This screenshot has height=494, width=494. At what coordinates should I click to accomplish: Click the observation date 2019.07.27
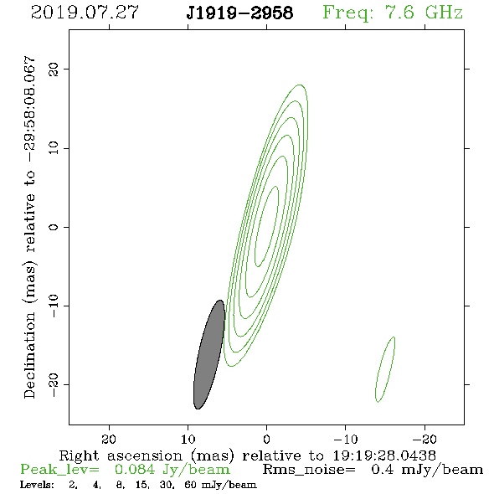point(85,13)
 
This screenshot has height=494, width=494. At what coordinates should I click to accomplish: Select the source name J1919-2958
point(239,13)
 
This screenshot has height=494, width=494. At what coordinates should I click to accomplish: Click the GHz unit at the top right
point(444,13)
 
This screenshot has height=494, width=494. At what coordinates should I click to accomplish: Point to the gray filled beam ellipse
point(209,354)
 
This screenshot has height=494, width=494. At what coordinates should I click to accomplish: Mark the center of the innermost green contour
point(266,226)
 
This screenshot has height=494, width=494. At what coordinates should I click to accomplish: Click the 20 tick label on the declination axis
point(54,69)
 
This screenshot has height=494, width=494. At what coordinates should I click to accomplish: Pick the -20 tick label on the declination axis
point(54,384)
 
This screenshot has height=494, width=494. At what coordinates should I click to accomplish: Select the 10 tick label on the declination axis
point(54,147)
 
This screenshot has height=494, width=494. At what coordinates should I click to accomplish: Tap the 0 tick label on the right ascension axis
point(266,440)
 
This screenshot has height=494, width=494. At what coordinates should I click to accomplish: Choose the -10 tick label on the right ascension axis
point(346,440)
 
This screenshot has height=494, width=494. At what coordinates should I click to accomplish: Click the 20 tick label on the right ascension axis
point(109,440)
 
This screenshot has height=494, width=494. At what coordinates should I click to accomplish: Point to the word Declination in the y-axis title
point(29,355)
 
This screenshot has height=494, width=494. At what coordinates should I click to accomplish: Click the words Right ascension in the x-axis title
point(121,455)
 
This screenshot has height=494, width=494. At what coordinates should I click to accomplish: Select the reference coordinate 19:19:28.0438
point(384,455)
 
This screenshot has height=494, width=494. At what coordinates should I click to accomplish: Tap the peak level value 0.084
point(135,470)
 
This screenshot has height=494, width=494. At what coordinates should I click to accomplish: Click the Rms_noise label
point(309,470)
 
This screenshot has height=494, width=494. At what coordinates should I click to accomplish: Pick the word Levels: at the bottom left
point(37,485)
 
